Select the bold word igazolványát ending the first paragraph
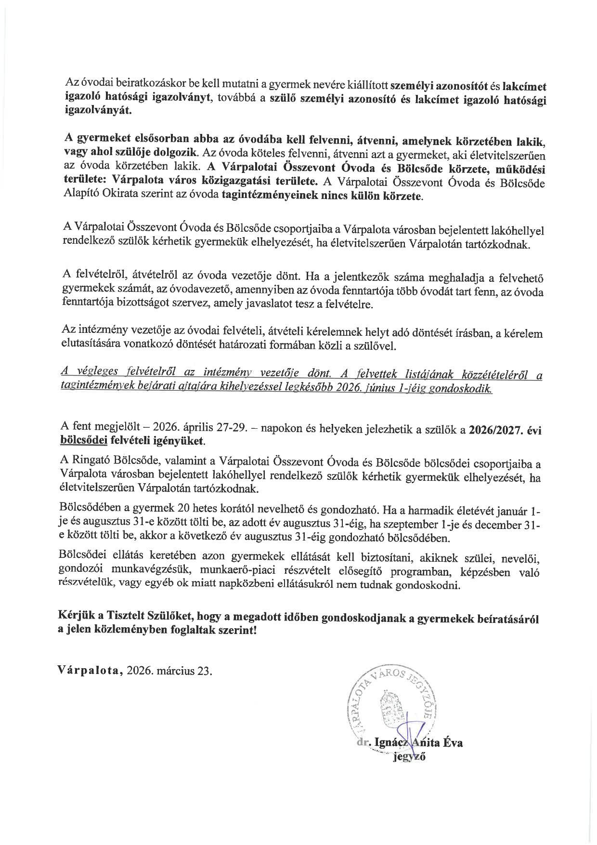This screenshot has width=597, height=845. coord(97,110)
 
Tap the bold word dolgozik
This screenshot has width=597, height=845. coord(173,152)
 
